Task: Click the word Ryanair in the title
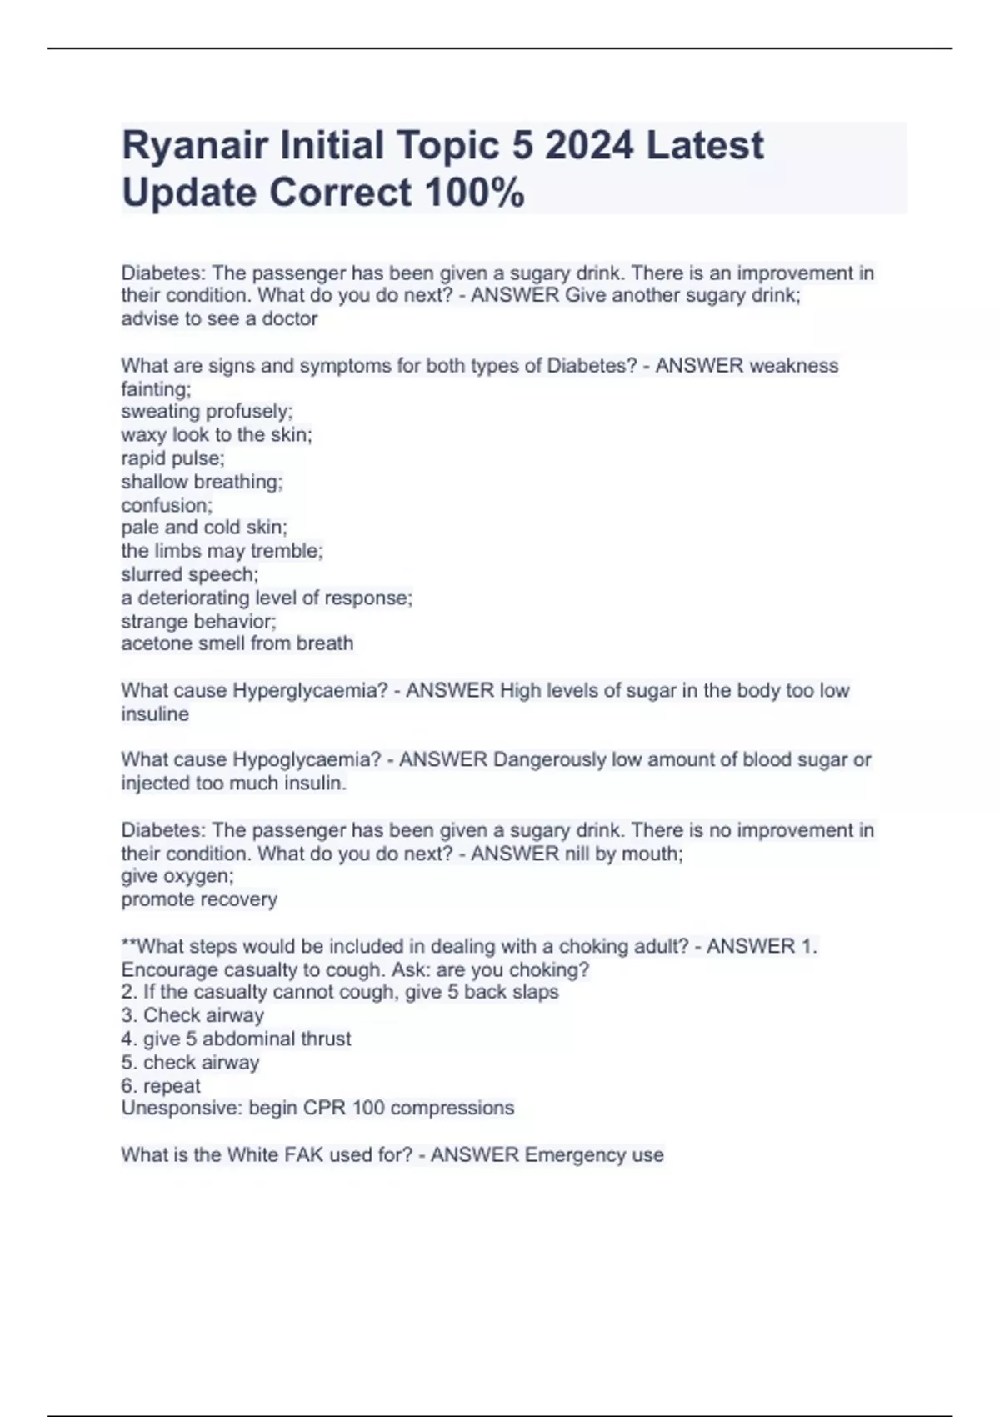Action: point(194,146)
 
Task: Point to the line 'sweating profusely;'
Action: point(207,412)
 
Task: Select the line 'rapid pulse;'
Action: point(172,458)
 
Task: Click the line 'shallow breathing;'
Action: point(202,482)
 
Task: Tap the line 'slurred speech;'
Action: point(189,574)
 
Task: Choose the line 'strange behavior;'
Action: point(198,621)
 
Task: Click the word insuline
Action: point(155,714)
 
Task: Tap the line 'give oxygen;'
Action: point(177,876)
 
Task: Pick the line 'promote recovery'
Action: point(199,899)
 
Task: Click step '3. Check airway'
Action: point(192,1015)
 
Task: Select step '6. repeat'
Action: point(161,1086)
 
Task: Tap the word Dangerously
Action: point(549,760)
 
